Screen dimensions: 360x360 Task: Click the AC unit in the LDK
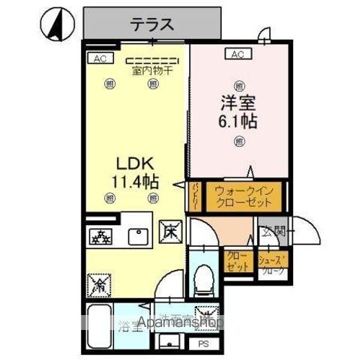(98, 57)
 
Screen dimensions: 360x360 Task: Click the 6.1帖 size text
(238, 121)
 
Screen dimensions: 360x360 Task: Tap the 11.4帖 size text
(135, 180)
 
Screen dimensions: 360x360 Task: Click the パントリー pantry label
(193, 197)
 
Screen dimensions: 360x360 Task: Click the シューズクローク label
(271, 265)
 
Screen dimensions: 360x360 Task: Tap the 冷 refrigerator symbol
(98, 284)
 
